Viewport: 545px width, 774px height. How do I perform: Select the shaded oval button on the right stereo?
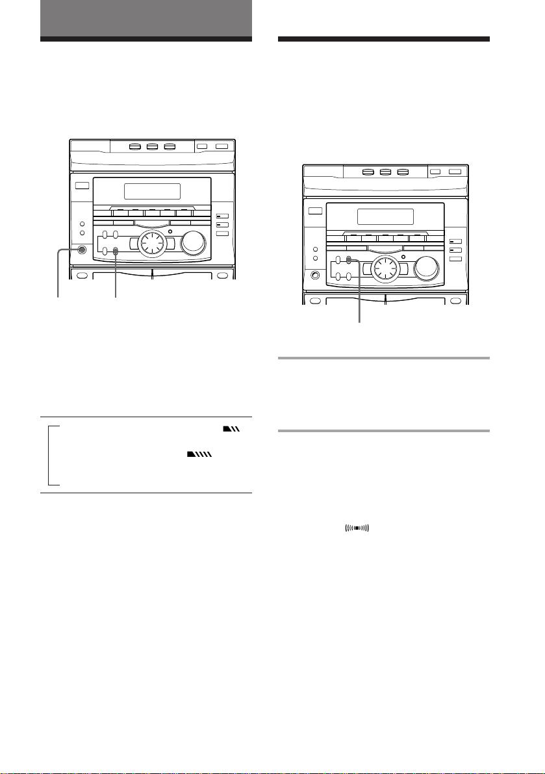349,261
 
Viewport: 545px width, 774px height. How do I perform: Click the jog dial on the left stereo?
151,244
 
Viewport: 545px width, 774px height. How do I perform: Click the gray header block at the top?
146,18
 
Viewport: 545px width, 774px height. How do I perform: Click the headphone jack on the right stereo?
316,275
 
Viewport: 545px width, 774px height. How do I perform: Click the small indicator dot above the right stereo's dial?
402,254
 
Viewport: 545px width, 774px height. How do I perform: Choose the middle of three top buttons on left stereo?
152,148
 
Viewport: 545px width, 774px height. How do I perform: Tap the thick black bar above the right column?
383,39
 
